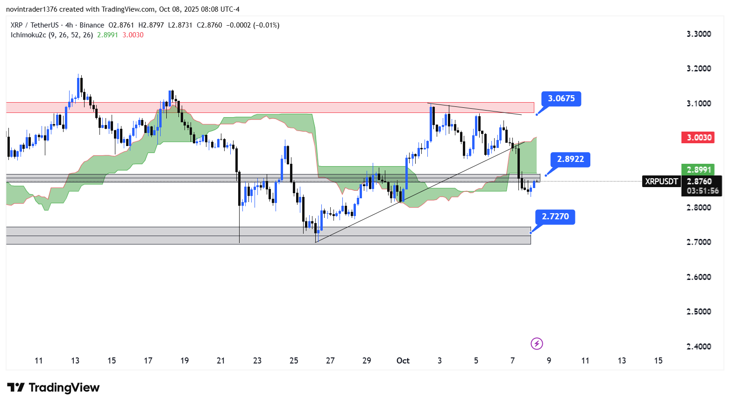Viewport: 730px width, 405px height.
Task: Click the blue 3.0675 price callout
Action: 561,98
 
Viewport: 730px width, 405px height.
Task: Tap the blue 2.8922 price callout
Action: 570,159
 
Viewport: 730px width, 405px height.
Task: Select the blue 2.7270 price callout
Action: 555,216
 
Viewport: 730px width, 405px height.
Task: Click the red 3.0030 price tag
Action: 699,138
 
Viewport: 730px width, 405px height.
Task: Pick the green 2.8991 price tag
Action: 699,170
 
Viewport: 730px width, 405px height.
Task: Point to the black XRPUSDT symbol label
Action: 661,182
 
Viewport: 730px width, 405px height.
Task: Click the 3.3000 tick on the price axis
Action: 699,34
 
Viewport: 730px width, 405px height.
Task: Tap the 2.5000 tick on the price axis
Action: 699,312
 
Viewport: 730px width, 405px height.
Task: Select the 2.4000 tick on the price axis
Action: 699,346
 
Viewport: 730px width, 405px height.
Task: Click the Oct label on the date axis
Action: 403,360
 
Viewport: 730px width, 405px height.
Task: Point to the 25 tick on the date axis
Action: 294,360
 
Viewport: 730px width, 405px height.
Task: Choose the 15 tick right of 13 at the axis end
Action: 658,360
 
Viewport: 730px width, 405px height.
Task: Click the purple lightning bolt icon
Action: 537,344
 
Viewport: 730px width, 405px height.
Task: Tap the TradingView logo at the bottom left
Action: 53,388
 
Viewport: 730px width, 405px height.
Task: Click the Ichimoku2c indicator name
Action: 28,35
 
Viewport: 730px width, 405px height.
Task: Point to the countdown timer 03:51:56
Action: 702,191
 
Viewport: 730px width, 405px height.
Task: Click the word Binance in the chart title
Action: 92,25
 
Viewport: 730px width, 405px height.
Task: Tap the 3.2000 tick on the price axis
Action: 699,69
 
